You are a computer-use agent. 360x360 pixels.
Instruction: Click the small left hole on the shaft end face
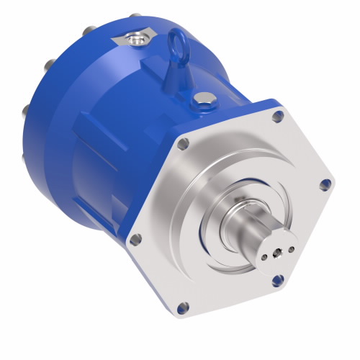(266, 256)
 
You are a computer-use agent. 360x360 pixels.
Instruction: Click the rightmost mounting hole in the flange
(325, 184)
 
